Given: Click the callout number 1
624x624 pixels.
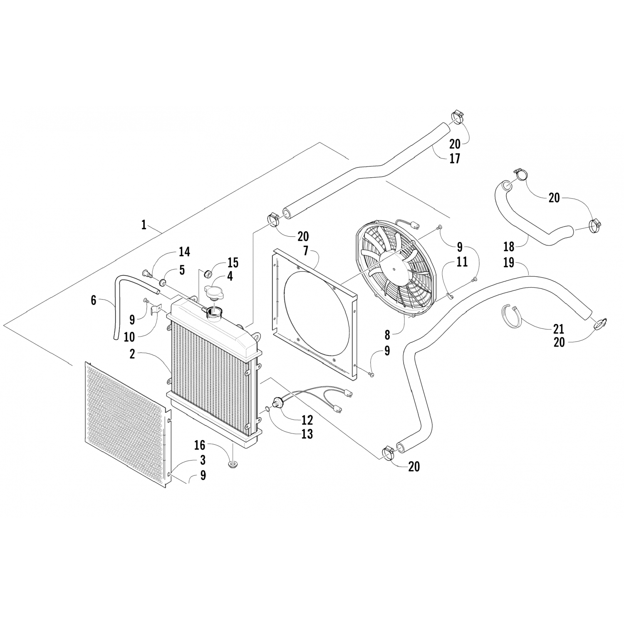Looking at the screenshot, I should [144, 225].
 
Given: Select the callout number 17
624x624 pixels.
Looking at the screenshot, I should [455, 159].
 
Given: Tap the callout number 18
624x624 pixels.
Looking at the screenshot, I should [509, 247].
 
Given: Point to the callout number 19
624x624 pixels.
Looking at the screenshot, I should [508, 263].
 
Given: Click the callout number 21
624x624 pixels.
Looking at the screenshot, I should [559, 329].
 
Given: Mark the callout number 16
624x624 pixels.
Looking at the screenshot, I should [200, 445].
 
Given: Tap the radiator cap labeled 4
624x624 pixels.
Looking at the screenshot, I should [214, 291].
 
